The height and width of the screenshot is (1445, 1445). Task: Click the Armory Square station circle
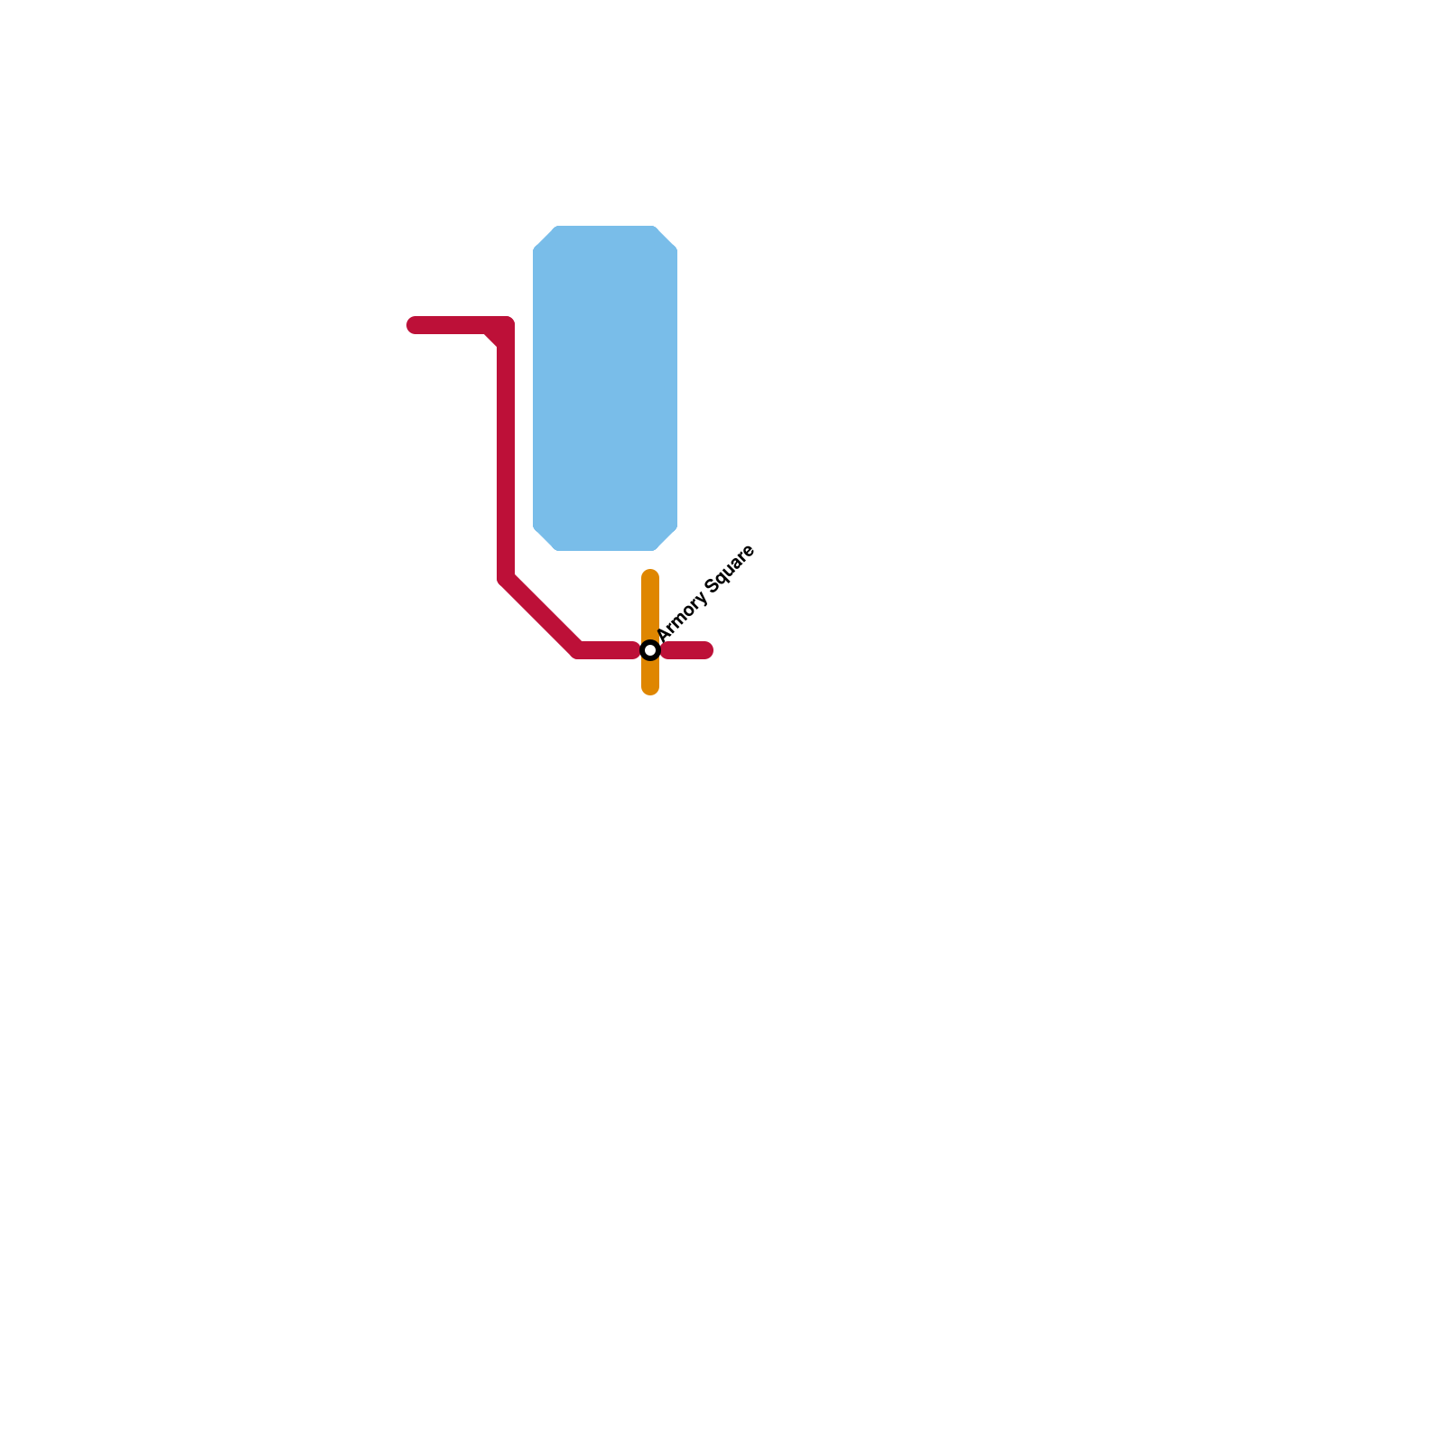point(650,650)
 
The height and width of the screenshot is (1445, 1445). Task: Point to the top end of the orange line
point(650,576)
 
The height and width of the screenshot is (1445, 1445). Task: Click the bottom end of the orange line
point(650,689)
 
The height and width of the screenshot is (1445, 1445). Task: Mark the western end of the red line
point(414,325)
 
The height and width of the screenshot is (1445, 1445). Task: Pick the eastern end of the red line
point(706,650)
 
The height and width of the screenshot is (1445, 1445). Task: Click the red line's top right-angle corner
point(506,326)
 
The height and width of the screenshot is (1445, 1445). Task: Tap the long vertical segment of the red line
point(506,452)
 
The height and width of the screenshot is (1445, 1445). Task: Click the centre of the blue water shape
point(605,388)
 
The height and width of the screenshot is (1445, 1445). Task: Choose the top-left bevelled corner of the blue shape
point(545,238)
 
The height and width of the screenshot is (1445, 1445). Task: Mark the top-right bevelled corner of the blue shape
point(666,238)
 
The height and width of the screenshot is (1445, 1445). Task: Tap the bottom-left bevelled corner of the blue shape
point(545,538)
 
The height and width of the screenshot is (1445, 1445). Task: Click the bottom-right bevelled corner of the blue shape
point(666,538)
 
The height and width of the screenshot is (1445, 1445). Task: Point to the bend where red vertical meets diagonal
point(506,579)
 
